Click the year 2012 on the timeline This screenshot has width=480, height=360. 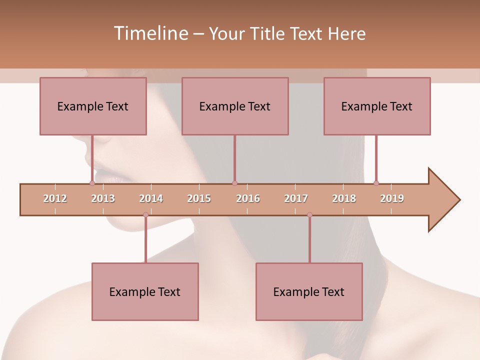(55, 198)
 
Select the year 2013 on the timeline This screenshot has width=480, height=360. (103, 198)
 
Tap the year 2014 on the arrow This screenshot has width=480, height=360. (151, 198)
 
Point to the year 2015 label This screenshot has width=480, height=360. (199, 198)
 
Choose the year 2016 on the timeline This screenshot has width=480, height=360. (248, 198)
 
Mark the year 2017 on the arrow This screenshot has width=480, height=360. (296, 198)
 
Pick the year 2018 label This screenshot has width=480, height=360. (344, 198)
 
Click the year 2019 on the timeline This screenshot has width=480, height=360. (392, 198)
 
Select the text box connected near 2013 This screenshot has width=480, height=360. (93, 106)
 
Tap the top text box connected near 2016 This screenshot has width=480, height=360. (235, 106)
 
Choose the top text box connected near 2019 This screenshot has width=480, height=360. (377, 106)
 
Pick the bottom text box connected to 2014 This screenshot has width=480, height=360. (145, 291)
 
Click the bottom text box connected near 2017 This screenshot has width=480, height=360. (309, 291)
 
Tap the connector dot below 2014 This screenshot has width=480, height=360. (145, 215)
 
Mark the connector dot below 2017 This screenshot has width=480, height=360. (309, 215)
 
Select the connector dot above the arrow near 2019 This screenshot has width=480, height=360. (376, 183)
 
